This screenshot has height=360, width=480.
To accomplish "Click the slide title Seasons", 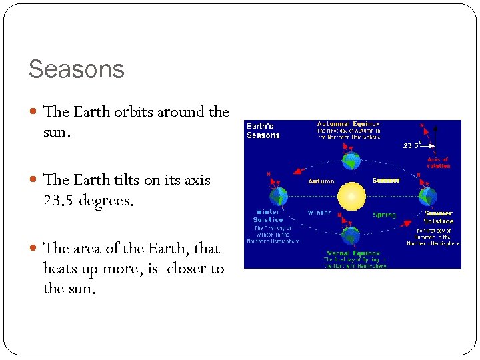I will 76,69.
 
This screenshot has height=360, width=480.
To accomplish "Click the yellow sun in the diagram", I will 351,197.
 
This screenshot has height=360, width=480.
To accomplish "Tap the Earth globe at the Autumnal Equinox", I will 351,161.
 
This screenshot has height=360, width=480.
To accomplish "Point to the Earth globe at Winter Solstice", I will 279,197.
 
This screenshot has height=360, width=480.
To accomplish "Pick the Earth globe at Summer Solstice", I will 427,197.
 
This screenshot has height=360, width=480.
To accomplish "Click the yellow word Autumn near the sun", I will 321,181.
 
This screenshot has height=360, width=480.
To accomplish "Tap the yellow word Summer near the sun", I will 386,181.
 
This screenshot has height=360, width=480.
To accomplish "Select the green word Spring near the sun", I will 384,215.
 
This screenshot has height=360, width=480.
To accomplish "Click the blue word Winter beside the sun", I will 319,213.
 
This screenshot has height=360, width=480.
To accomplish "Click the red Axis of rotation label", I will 438,163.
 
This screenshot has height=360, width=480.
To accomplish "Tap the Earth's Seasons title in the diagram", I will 263,131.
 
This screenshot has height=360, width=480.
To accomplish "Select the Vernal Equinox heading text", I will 353,253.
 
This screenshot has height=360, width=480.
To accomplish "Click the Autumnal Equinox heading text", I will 349,124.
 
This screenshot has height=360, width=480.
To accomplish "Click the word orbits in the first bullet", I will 132,112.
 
